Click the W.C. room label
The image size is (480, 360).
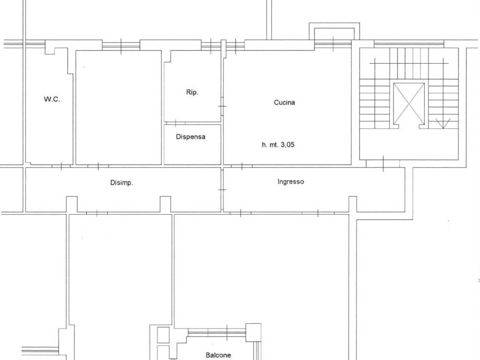52,99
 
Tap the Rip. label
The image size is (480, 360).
192,92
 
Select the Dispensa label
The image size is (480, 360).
191,137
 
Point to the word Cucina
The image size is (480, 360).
285,102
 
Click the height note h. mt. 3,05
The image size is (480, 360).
278,145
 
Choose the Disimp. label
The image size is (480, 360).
121,183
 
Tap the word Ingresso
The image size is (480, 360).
291,181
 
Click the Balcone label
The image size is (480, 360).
218,355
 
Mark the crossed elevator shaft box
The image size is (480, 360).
409,104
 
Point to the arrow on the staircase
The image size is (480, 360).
442,124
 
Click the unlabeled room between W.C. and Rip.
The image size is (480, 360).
119,107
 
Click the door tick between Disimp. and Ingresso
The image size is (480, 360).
222,189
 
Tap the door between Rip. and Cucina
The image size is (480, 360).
222,106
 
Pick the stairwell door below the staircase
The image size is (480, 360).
383,163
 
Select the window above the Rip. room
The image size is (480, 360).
211,45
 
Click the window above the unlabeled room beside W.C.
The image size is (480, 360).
120,45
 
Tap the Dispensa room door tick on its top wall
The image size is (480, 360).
175,123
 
